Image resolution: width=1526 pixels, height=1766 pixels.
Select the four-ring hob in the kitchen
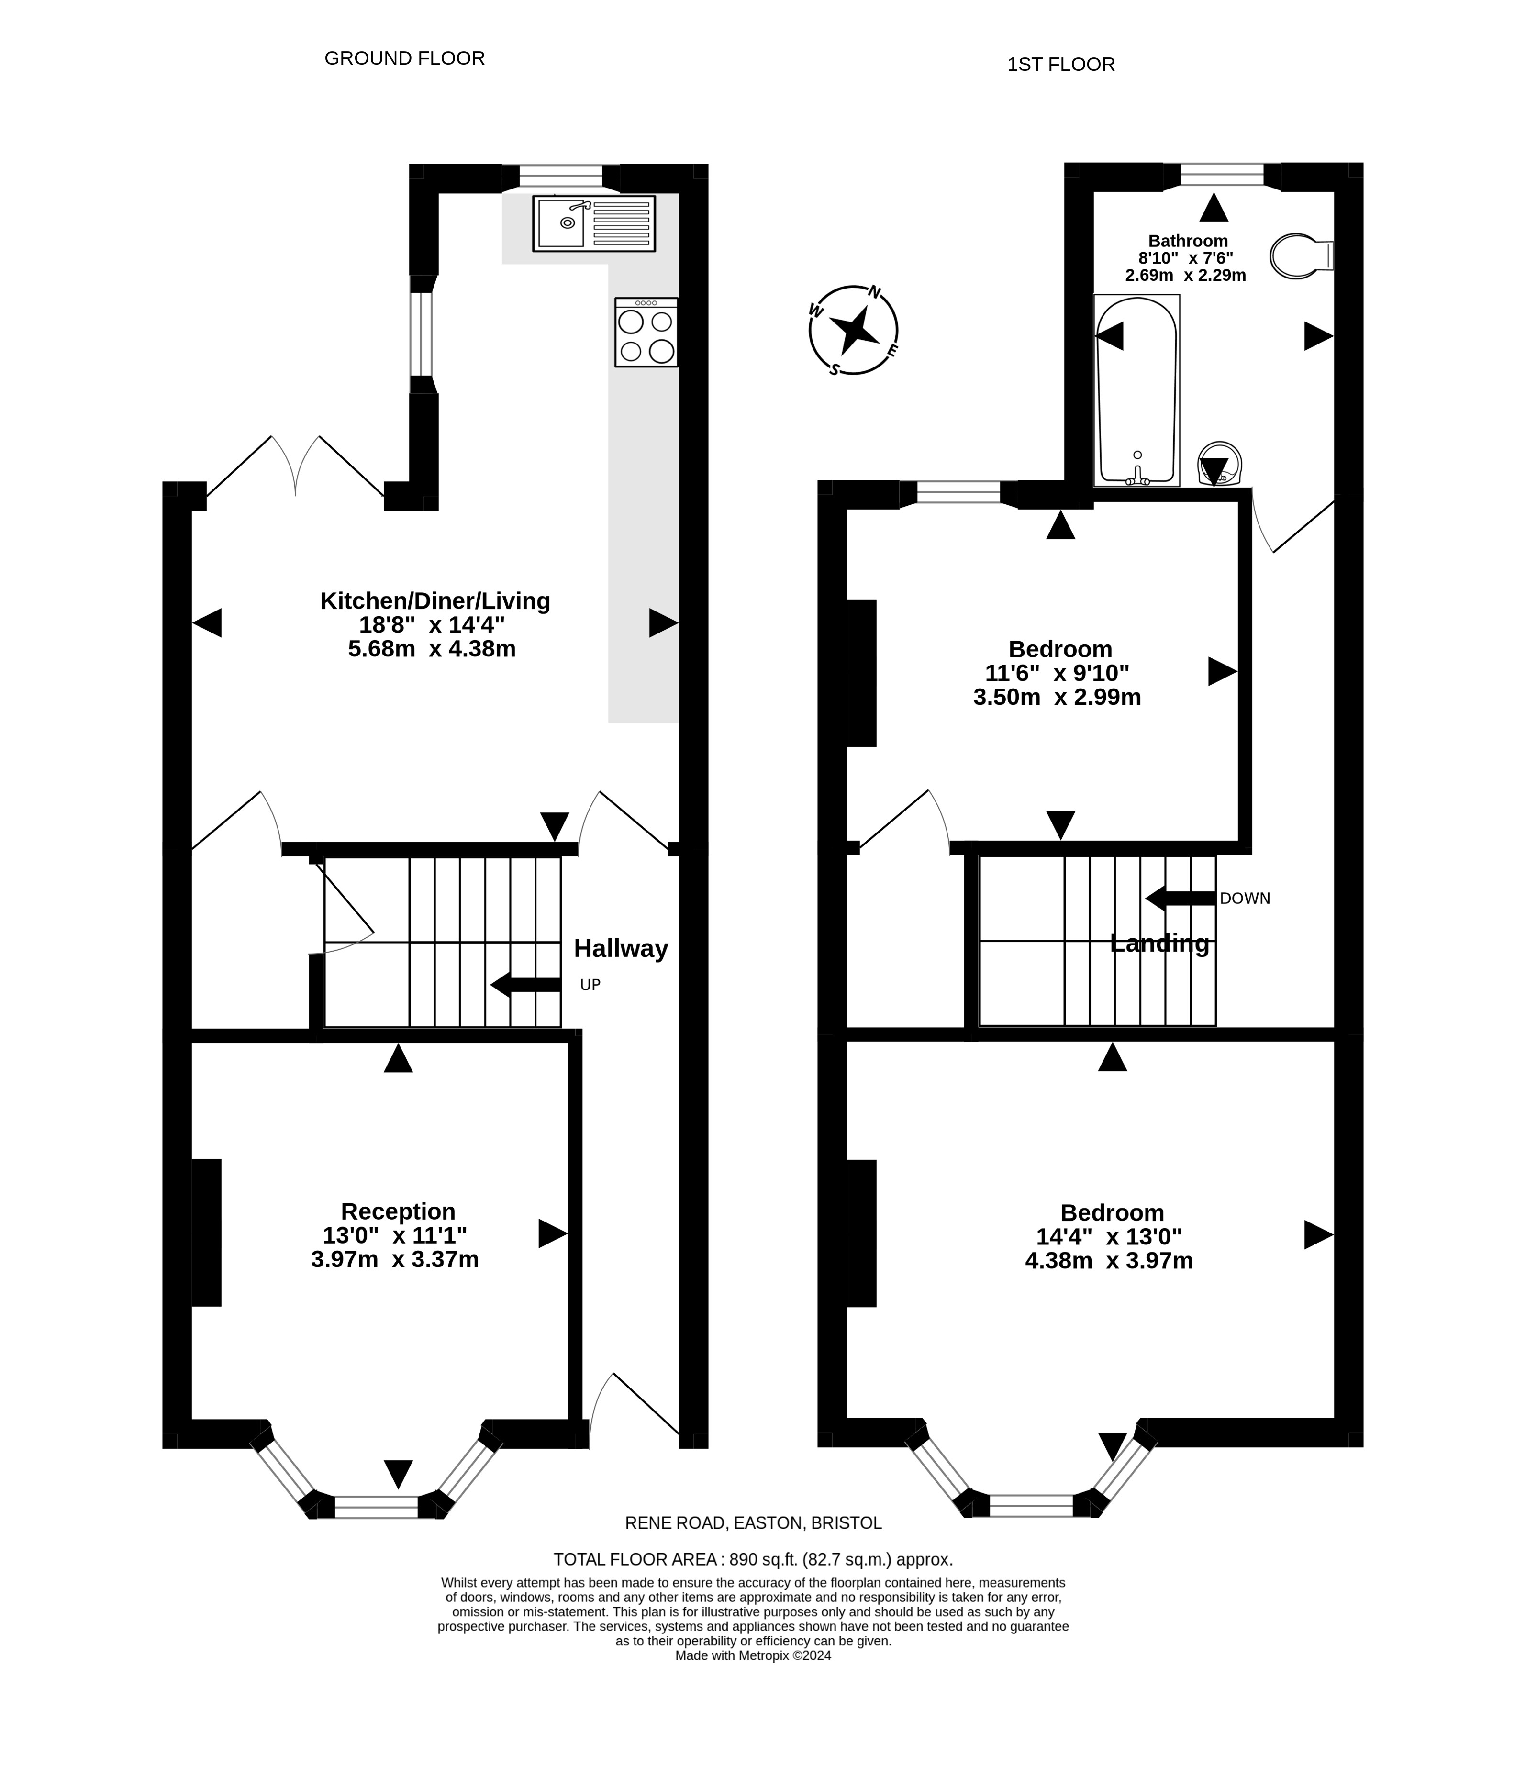tap(646, 333)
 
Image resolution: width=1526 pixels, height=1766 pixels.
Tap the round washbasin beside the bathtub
tap(1219, 465)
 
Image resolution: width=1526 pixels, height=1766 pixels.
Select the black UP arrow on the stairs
tap(525, 984)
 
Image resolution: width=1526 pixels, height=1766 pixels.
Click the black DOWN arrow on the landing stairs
tap(1180, 898)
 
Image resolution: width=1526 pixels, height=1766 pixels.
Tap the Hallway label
tap(621, 949)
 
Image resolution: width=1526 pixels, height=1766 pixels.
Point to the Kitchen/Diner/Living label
tap(435, 601)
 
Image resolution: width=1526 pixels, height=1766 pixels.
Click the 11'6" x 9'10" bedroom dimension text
tap(1057, 673)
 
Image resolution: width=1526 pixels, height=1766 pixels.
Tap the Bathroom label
tap(1188, 241)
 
